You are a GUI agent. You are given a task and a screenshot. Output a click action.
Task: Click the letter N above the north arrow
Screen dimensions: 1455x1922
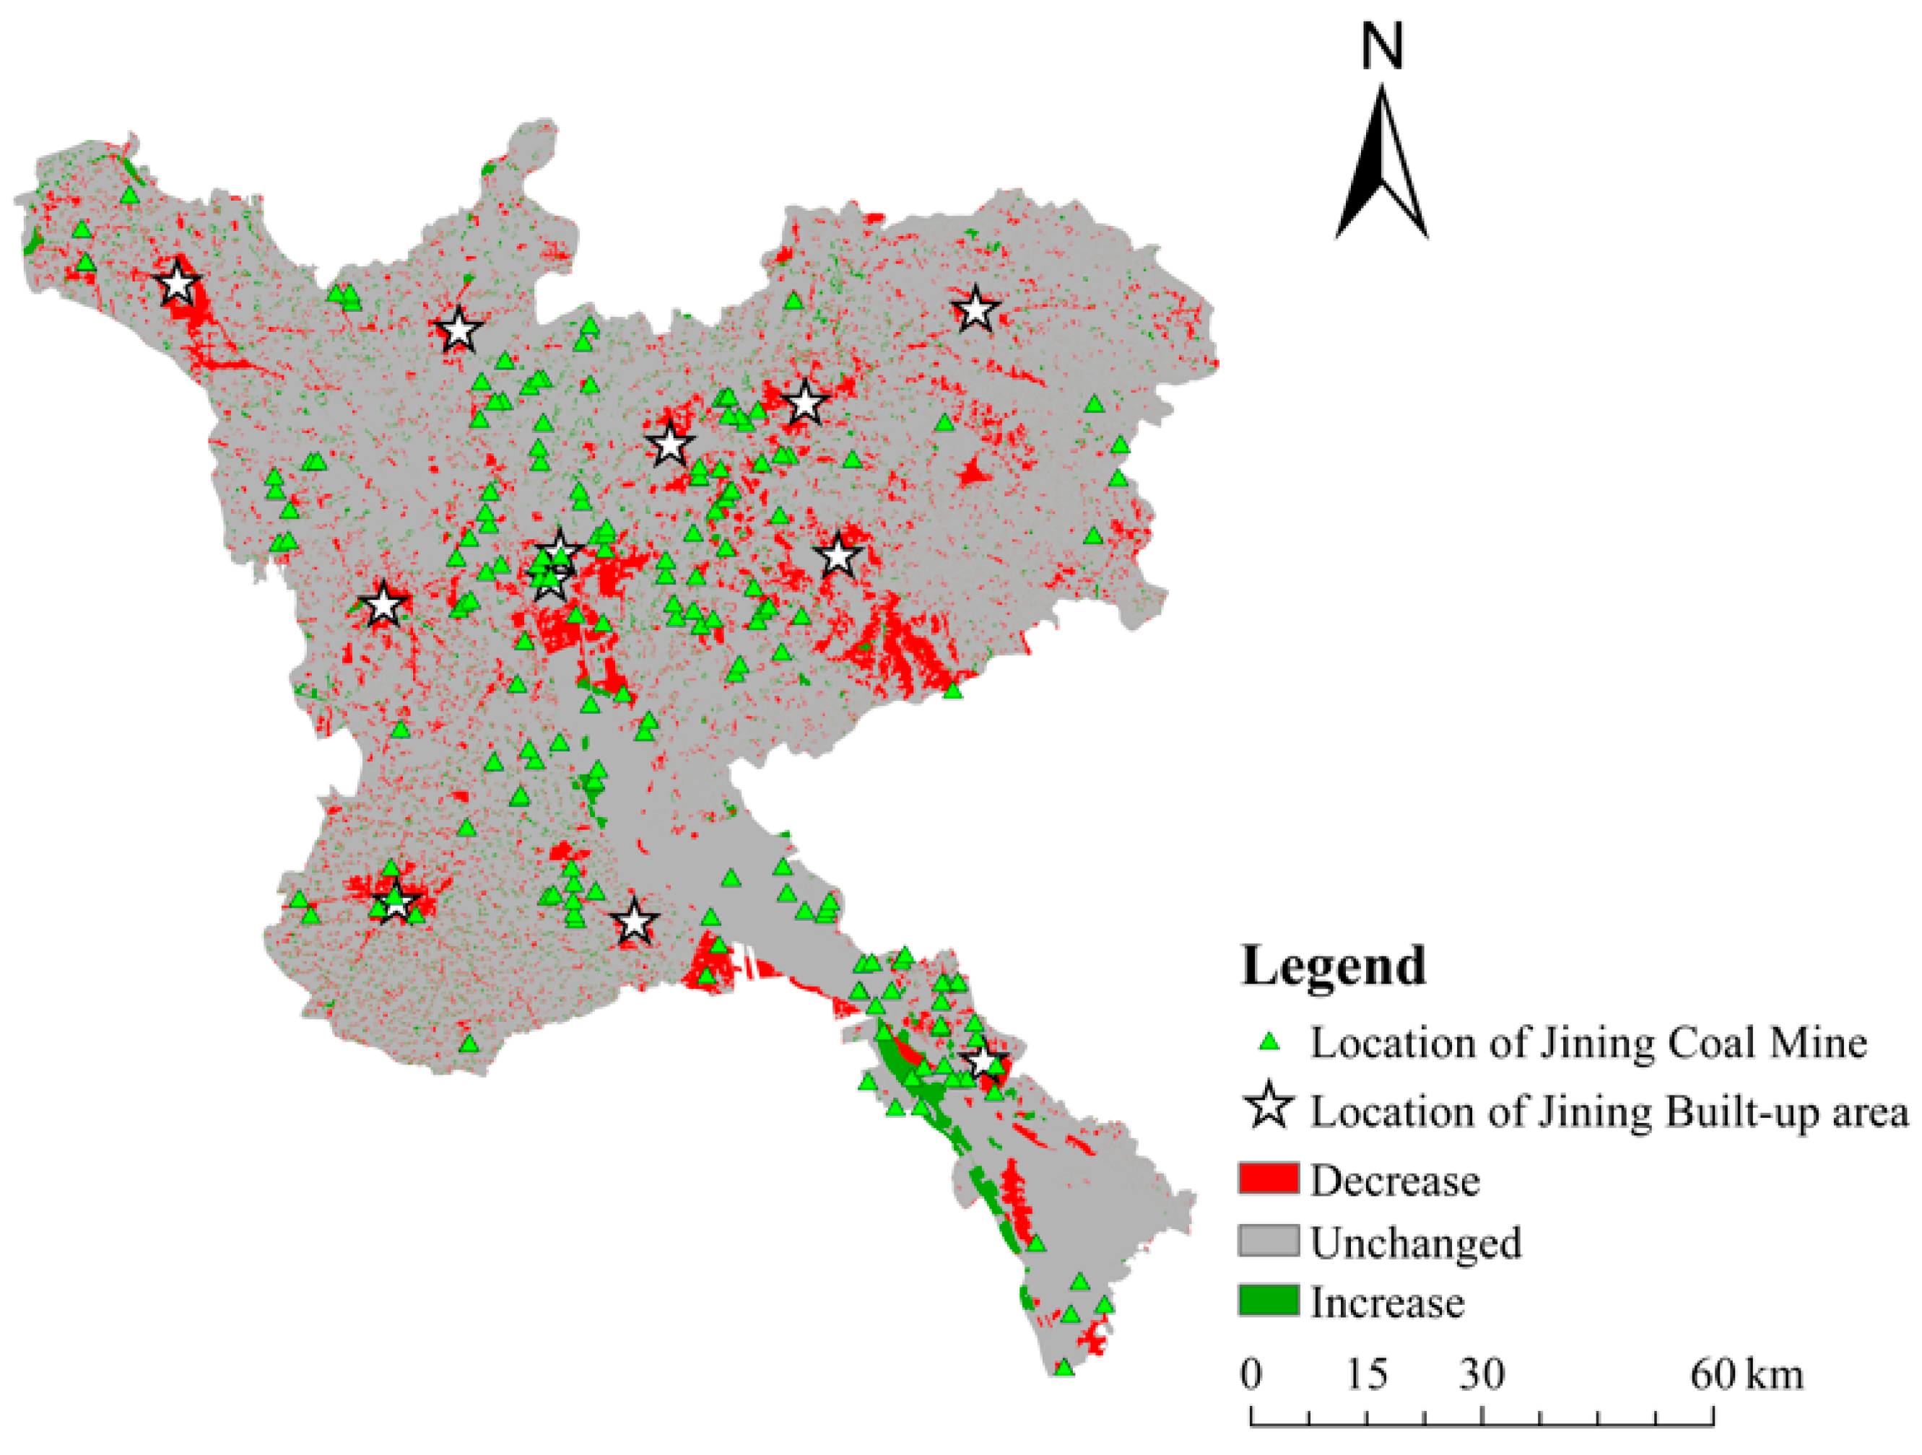point(1381,47)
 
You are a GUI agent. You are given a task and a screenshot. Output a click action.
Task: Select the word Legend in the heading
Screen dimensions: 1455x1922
point(1333,966)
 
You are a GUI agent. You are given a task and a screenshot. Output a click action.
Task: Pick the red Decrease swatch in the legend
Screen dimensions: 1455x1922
point(1268,1178)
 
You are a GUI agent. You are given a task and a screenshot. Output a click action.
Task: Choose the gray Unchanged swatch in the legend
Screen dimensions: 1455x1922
point(1268,1241)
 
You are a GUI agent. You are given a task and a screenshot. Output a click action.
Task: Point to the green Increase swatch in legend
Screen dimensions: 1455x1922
point(1268,1301)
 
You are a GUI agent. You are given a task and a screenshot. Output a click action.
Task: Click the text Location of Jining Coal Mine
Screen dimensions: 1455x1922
point(1588,1042)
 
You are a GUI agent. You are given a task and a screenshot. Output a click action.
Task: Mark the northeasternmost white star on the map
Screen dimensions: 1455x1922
point(975,309)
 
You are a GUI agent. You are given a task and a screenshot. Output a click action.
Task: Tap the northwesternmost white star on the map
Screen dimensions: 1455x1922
point(176,283)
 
